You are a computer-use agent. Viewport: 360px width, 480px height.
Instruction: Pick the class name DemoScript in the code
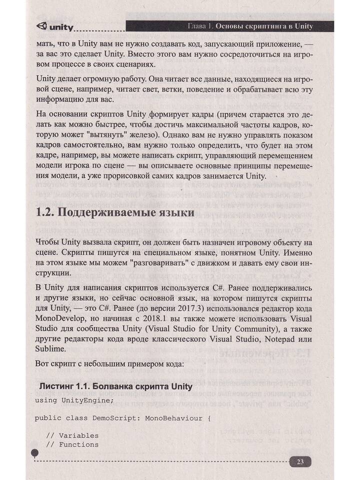coord(116,417)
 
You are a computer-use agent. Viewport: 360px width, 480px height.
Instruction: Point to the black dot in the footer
coord(34,453)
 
